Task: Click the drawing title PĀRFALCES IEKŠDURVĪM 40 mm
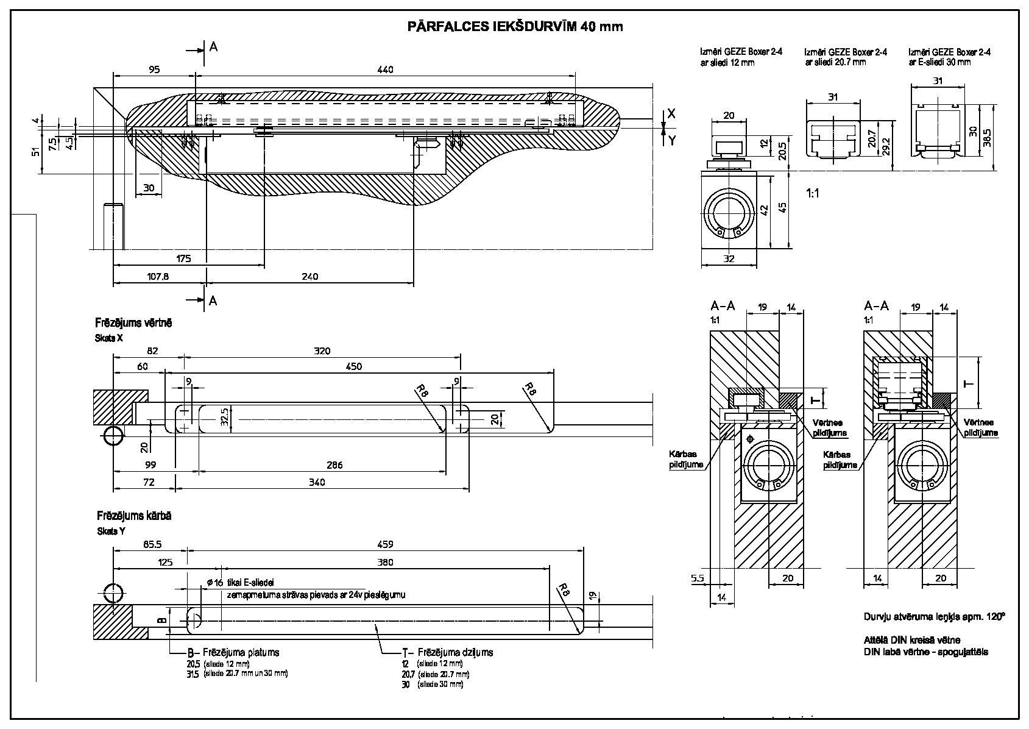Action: pos(515,27)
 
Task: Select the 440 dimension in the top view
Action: pos(385,69)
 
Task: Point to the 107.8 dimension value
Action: pos(158,276)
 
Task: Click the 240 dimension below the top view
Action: pos(309,276)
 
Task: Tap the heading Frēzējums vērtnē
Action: pos(133,322)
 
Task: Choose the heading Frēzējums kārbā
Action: pos(133,516)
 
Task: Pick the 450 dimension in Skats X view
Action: pos(353,366)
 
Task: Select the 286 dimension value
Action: pos(334,465)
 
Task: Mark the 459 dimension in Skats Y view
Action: pos(385,544)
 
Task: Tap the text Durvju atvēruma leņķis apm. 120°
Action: pos(934,616)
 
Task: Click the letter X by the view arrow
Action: pos(671,113)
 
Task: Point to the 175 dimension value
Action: pos(183,258)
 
